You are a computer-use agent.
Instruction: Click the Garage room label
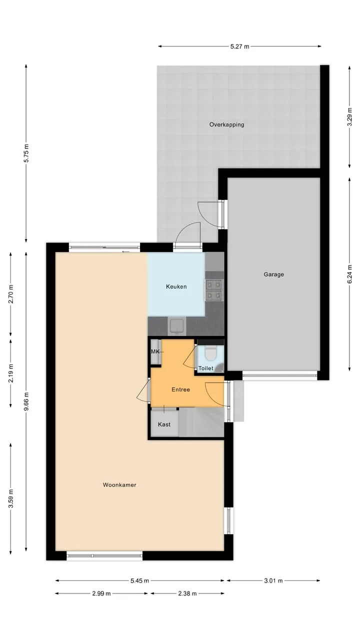tap(273, 274)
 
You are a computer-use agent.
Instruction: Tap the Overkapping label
tap(226, 124)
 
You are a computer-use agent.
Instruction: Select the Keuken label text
tap(176, 286)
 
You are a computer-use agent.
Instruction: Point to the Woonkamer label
tap(119, 485)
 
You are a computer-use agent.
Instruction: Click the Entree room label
tap(180, 389)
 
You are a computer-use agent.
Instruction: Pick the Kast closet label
tap(164, 424)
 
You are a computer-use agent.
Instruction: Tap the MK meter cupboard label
tap(155, 351)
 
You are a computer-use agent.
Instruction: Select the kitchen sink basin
tap(177, 326)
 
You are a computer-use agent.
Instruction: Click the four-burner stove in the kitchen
tap(213, 289)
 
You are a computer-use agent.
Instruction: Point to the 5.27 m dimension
tap(239, 46)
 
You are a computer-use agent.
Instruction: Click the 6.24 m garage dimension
tap(349, 274)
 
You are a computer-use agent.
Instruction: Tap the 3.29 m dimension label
tap(349, 116)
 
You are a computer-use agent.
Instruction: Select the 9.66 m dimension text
tap(26, 401)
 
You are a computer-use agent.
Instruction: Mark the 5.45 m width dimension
tap(139, 580)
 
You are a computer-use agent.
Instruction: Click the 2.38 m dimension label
tap(187, 593)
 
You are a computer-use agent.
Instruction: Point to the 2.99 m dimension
tap(101, 593)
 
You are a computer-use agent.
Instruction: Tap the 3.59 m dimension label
tap(11, 498)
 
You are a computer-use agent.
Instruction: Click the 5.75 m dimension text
tap(26, 153)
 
